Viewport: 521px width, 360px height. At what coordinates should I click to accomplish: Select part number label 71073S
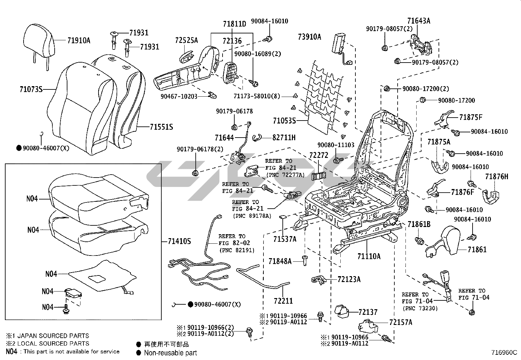click(x=31, y=89)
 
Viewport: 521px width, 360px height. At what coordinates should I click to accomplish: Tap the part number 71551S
click(x=161, y=127)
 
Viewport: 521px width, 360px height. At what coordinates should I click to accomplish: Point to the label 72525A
click(x=187, y=40)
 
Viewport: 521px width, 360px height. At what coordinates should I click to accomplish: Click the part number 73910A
click(x=310, y=37)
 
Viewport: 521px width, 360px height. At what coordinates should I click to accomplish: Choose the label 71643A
click(x=419, y=21)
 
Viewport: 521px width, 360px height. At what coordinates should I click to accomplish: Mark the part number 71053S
click(x=284, y=121)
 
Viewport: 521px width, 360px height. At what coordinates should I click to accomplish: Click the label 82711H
click(x=284, y=138)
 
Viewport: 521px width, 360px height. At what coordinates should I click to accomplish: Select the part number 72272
click(x=318, y=155)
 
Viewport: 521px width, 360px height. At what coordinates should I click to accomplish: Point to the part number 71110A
click(x=369, y=256)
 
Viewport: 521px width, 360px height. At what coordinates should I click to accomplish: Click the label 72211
click(x=283, y=300)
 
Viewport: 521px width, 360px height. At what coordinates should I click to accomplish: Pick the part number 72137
click(x=368, y=312)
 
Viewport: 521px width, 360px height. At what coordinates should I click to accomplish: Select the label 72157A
click(x=401, y=322)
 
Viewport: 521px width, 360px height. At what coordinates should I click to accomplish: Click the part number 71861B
click(x=419, y=224)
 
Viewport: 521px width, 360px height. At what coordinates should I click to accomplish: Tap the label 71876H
click(x=496, y=177)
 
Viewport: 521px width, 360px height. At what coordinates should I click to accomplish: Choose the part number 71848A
click(x=280, y=261)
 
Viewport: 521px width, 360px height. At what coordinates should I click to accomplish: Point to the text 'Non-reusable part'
click(x=171, y=353)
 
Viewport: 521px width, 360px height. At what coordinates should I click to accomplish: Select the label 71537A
click(x=285, y=239)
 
